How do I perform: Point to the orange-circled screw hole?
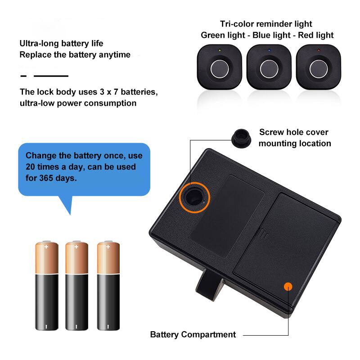tap(195, 196)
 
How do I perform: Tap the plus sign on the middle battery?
tap(76, 247)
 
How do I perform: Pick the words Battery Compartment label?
tap(193, 335)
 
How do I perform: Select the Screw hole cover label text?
tap(294, 138)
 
